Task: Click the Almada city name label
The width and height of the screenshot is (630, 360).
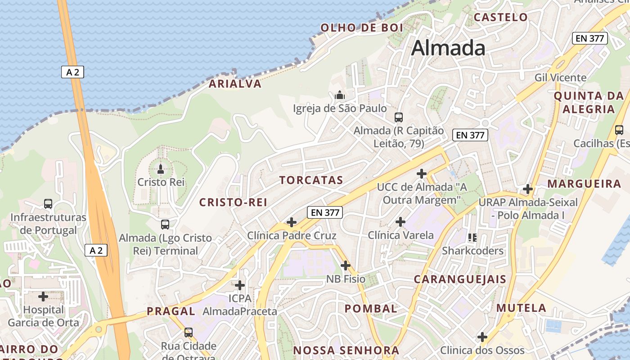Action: (x=448, y=48)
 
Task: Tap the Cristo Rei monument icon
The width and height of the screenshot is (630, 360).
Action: (x=160, y=169)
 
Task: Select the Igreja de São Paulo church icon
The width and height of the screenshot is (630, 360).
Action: (x=340, y=95)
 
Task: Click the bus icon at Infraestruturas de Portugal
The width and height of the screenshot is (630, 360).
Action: (x=48, y=204)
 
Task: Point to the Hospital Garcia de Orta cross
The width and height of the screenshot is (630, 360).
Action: (x=43, y=297)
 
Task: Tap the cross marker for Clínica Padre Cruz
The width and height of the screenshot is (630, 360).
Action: (x=292, y=222)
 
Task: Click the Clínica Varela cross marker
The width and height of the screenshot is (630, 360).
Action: (x=400, y=221)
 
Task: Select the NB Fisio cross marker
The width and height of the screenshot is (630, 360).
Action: (x=346, y=265)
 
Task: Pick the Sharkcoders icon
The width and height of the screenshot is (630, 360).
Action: (x=472, y=237)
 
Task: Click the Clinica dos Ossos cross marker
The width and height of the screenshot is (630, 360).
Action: (x=482, y=337)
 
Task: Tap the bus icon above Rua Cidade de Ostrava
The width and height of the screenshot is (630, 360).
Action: (x=189, y=333)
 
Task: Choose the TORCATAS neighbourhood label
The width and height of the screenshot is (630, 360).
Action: (x=311, y=180)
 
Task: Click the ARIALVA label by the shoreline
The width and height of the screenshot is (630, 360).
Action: (x=235, y=84)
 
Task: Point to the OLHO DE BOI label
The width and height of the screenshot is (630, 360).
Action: (x=362, y=28)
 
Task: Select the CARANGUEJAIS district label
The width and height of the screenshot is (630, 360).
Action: (x=460, y=279)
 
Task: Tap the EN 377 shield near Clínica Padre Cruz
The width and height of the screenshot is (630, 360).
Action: (x=325, y=212)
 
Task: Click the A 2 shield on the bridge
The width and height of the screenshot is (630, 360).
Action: (x=72, y=72)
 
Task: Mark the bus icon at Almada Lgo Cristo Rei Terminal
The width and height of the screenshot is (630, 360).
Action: (x=165, y=224)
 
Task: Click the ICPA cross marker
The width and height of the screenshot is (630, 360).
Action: (x=240, y=285)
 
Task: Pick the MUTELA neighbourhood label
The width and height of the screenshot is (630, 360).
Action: (x=521, y=308)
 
